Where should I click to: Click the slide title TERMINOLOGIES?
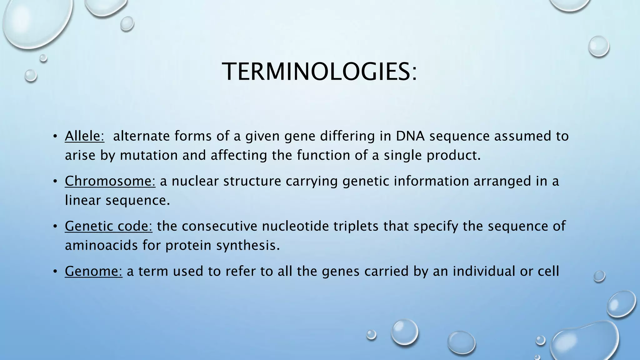(319, 72)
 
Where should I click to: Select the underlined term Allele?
(84, 136)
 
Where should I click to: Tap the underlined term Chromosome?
(110, 181)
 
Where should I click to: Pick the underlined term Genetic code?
(108, 226)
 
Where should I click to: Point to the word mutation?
(149, 155)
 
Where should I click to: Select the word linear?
(82, 200)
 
